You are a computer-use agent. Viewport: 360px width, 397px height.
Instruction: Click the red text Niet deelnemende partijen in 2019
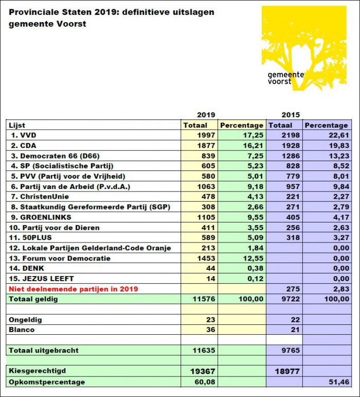tap(73, 289)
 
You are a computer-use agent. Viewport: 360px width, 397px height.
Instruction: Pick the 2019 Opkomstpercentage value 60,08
tap(205, 382)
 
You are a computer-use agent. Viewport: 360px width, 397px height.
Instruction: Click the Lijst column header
tap(17, 125)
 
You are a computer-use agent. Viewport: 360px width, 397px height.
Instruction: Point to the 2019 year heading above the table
tap(206, 115)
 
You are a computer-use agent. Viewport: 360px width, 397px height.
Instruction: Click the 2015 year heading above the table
tap(291, 115)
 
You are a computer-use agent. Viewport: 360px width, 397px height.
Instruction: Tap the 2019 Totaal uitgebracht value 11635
tap(204, 350)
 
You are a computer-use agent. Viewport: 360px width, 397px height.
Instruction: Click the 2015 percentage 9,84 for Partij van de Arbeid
tap(339, 186)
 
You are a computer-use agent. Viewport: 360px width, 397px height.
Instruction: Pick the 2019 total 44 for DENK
tap(210, 268)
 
